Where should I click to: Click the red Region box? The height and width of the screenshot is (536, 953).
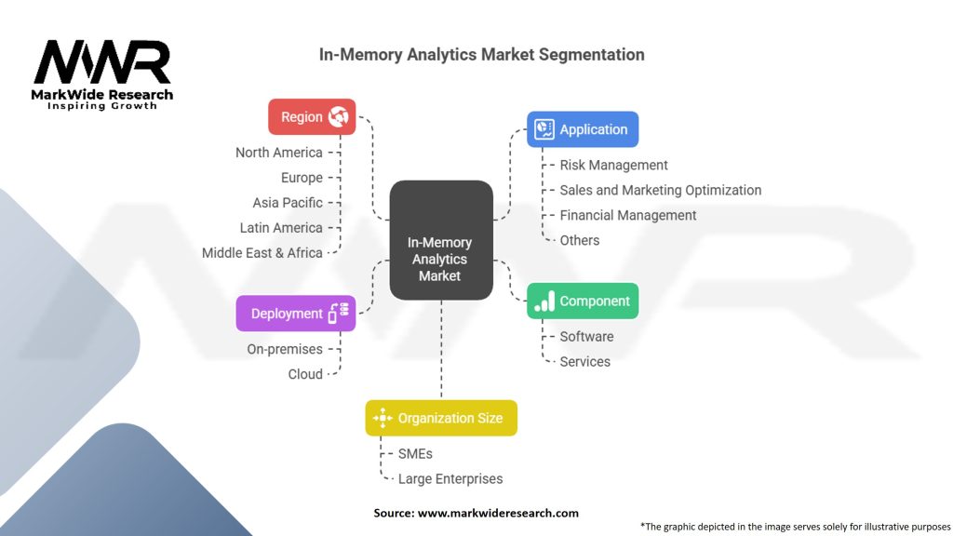tap(311, 117)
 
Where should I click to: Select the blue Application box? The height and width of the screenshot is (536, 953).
tap(583, 129)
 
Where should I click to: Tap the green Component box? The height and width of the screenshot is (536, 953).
tap(583, 301)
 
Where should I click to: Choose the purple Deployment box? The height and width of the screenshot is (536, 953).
tap(295, 314)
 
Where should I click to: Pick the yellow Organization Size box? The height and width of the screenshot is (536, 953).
tap(440, 418)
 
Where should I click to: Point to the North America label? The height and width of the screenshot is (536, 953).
tap(278, 153)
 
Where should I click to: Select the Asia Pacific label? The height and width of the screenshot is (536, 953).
tap(288, 203)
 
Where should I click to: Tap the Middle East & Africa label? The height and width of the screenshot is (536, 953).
tap(262, 253)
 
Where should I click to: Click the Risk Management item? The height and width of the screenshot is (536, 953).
tap(613, 165)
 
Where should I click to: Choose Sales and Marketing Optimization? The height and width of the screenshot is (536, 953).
tap(660, 190)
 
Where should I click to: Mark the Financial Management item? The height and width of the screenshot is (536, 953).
tap(627, 215)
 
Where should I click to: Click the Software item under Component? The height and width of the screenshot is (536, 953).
tap(586, 337)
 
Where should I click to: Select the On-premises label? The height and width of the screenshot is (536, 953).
tap(285, 350)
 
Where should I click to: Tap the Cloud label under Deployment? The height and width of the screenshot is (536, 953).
tap(305, 374)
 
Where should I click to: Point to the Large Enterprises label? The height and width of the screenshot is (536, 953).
tap(450, 479)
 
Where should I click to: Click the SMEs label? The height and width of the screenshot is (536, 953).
tap(415, 454)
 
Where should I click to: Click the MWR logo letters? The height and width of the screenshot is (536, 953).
tap(102, 62)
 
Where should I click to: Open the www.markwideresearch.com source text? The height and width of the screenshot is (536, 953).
tap(498, 513)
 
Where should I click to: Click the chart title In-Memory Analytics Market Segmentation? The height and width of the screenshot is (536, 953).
tap(481, 54)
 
